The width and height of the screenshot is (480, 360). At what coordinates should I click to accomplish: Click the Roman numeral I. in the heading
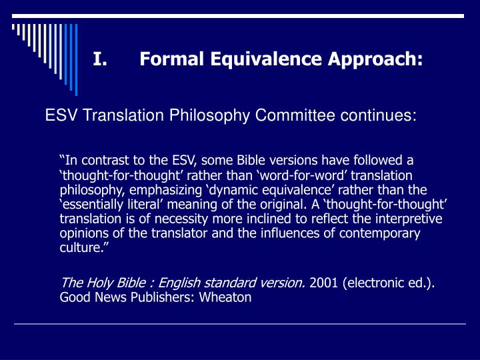(100, 59)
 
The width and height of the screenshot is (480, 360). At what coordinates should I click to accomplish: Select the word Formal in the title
(172, 59)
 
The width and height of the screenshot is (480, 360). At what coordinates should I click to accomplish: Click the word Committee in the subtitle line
(295, 115)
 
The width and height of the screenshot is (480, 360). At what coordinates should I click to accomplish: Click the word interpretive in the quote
(409, 219)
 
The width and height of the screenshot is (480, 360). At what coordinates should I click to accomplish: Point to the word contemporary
(379, 233)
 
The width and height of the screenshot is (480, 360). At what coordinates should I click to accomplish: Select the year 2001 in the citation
(323, 283)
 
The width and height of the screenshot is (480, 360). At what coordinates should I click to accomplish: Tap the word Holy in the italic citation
(98, 283)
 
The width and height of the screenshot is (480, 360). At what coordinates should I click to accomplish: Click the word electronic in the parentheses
(375, 283)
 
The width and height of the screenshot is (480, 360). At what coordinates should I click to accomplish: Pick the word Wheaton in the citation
(225, 297)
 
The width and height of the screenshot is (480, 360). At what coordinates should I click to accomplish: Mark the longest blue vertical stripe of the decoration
(76, 60)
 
